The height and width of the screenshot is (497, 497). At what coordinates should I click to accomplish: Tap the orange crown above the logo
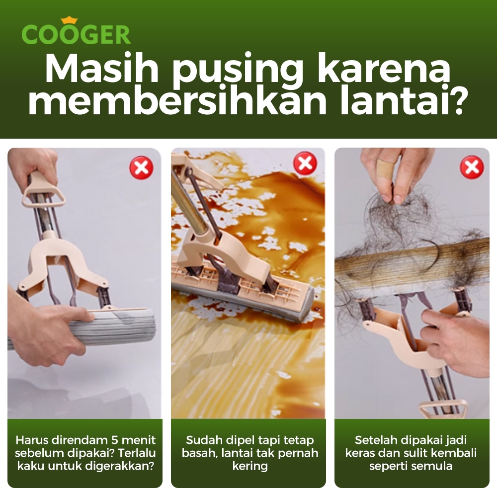pyautogui.click(x=69, y=20)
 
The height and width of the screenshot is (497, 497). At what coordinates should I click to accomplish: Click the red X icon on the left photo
pyautogui.click(x=142, y=167)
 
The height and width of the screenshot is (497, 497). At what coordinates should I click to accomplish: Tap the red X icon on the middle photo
pyautogui.click(x=305, y=163)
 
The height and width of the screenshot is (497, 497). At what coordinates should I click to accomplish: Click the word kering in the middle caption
pyautogui.click(x=250, y=466)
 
